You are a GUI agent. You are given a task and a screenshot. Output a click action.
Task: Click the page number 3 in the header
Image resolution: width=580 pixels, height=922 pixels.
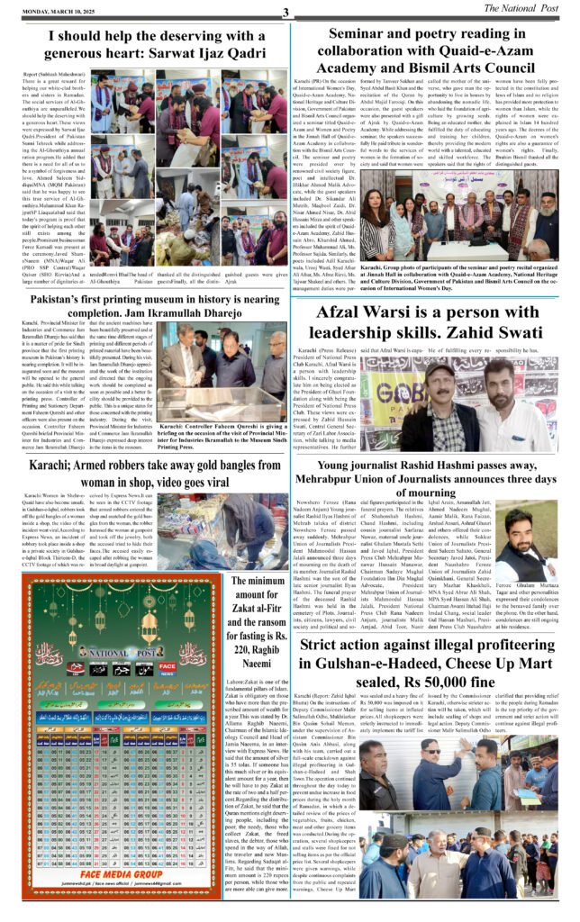pos(285,12)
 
